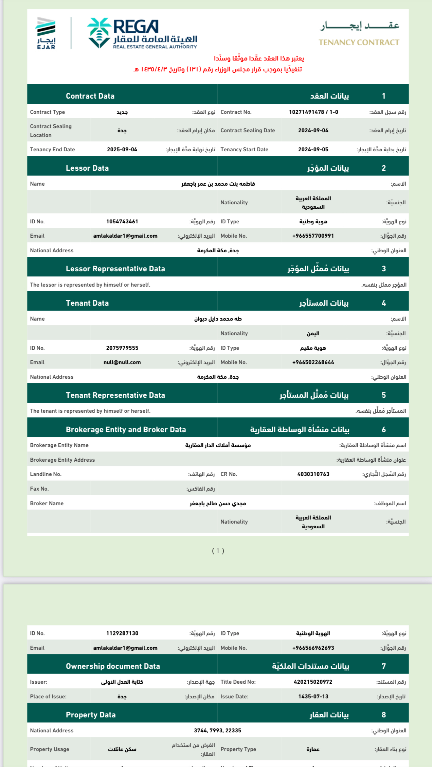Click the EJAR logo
point(46,33)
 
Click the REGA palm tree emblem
point(99,33)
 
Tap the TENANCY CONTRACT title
point(359,42)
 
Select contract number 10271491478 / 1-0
point(313,112)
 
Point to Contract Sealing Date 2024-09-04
point(313,131)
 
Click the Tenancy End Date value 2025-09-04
point(122,150)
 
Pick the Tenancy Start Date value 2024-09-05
point(313,150)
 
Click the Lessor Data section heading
point(87,168)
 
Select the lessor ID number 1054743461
point(122,222)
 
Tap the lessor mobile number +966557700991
point(313,236)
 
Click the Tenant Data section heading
point(87,303)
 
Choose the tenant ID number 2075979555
point(122,348)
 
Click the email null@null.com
point(122,362)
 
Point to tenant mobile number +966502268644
point(313,362)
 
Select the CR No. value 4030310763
point(313,474)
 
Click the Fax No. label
point(39,489)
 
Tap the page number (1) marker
point(218,550)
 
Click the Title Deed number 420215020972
point(313,682)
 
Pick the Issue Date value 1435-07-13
point(313,697)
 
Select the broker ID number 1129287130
point(122,633)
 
